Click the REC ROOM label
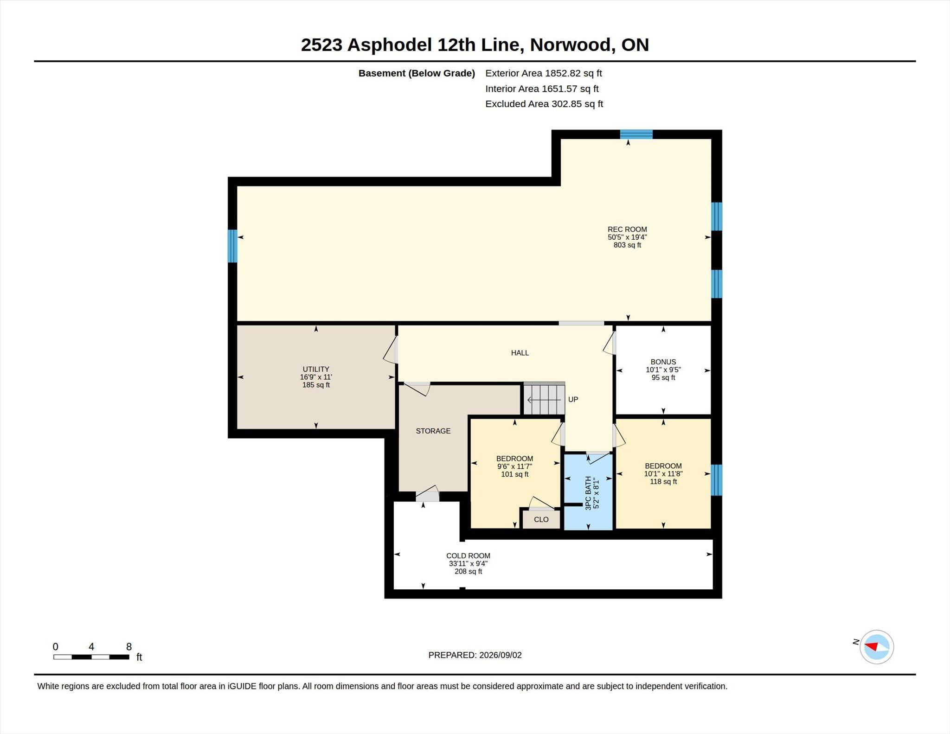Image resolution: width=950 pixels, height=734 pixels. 627,230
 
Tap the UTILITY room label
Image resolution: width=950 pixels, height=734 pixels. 316,370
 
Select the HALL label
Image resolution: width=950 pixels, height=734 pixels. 520,353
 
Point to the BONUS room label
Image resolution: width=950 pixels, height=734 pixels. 663,362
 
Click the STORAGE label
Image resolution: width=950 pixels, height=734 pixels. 433,431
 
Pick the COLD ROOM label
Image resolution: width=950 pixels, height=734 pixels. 468,556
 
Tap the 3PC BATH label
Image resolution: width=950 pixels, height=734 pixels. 588,493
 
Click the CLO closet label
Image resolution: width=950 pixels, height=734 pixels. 541,520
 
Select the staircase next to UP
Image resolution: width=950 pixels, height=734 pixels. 544,398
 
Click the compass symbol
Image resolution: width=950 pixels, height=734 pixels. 877,647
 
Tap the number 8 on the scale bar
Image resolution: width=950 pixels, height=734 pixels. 129,647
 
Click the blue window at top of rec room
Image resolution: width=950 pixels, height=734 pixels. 636,134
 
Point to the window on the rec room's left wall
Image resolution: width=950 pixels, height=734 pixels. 232,246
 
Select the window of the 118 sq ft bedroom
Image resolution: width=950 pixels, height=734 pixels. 717,480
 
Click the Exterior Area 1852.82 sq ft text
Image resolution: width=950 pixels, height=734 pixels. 544,73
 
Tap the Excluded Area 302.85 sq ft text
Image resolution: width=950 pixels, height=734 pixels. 544,104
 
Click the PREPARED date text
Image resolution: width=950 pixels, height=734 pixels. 475,655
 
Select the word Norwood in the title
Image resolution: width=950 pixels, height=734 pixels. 573,45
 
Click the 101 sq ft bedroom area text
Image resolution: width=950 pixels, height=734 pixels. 515,474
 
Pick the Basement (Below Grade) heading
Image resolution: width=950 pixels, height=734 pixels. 417,73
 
